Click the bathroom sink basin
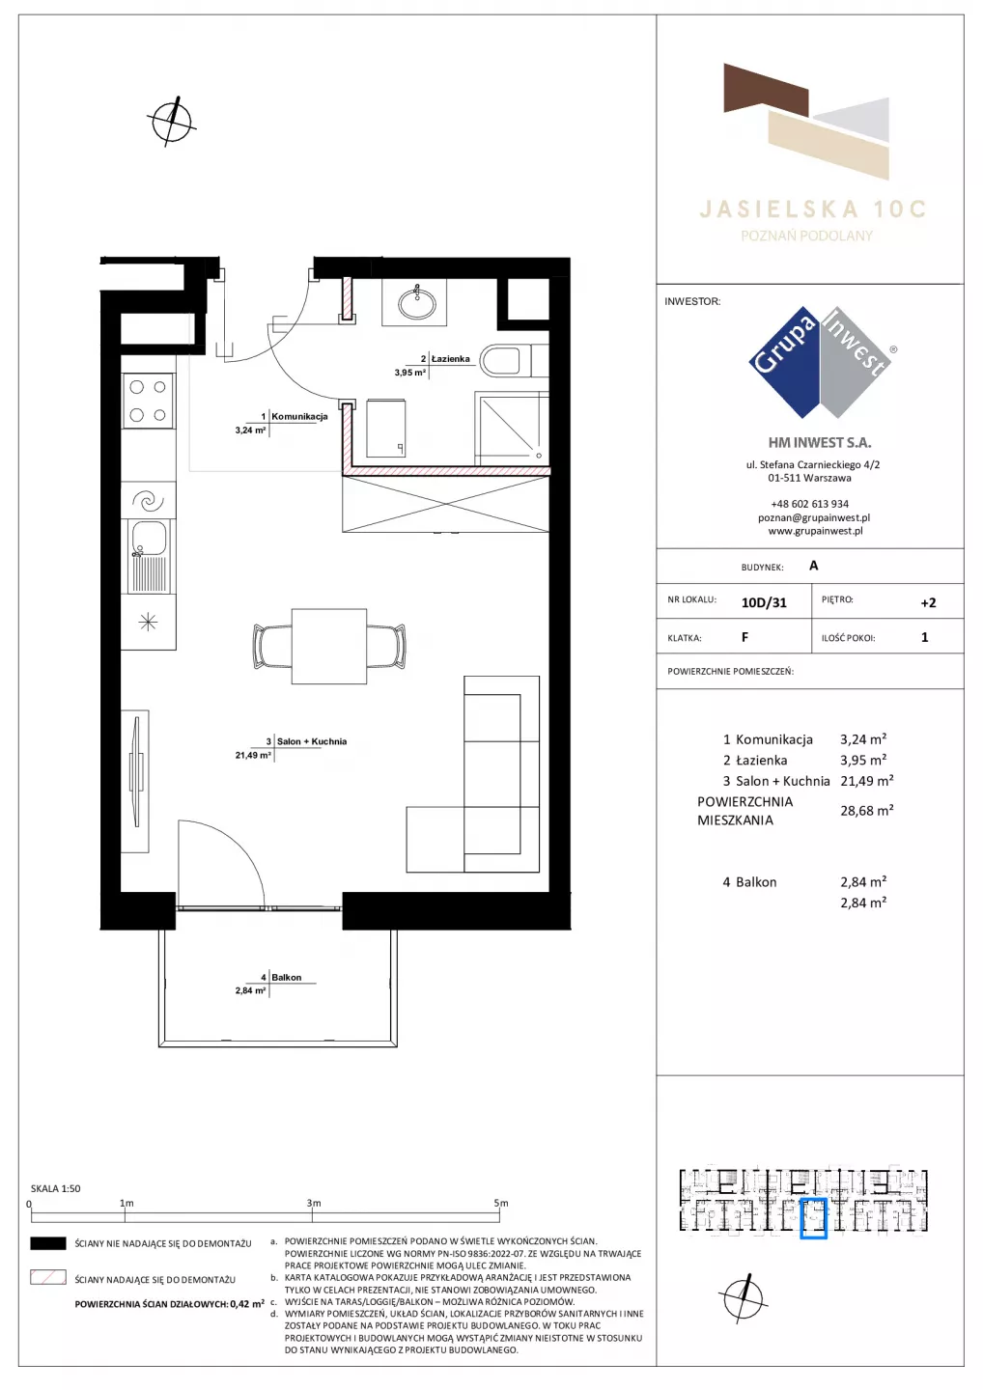click(417, 303)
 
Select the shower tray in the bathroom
click(512, 429)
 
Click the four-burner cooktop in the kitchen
click(148, 401)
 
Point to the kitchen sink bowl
click(149, 538)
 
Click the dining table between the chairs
click(329, 646)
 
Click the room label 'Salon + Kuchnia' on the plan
click(312, 741)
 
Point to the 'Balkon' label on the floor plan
click(286, 977)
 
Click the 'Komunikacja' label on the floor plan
click(299, 416)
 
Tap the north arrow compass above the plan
click(172, 122)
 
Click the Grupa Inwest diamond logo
click(821, 362)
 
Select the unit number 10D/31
click(764, 602)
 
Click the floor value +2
click(928, 602)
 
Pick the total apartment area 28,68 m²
click(867, 810)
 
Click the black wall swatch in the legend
click(47, 1243)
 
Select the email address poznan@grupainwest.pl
click(814, 517)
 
